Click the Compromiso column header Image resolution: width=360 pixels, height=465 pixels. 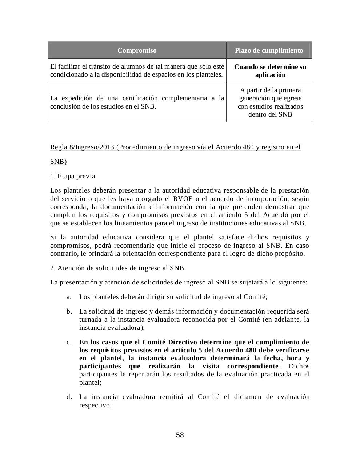pos(137,50)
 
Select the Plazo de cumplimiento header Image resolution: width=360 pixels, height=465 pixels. pos(269,50)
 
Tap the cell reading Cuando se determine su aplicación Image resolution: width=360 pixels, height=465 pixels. pos(270,71)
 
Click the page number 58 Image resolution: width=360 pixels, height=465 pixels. pos(180,435)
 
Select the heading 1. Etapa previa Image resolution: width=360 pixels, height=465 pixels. pos(73,177)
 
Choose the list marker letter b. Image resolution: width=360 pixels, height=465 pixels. pos(69,312)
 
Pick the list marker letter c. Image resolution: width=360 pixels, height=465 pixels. pos(69,343)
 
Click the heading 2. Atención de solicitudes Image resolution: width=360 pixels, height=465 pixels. pos(117,268)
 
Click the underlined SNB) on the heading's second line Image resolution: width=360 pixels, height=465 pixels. pos(58,162)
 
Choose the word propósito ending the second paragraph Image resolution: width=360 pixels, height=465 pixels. pos(291,254)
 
